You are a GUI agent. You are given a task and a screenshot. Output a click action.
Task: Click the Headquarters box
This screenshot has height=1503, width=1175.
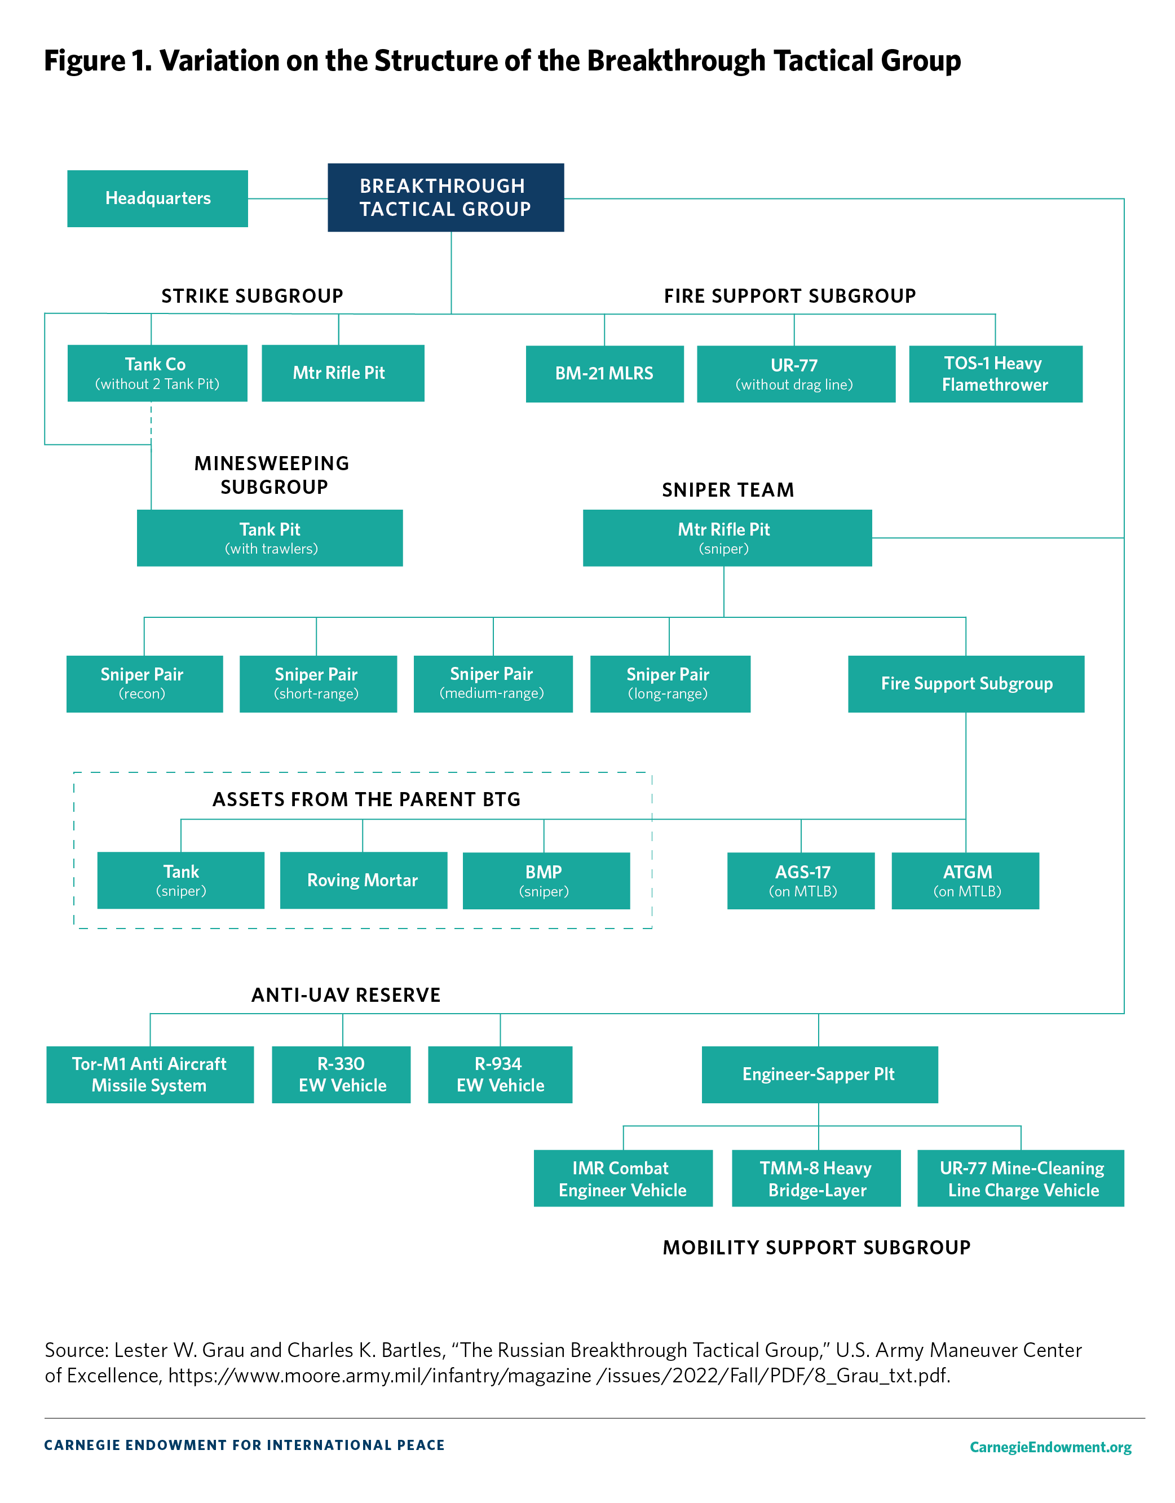tap(158, 198)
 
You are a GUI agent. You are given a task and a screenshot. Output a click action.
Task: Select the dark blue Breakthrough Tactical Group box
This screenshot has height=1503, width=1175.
tap(445, 197)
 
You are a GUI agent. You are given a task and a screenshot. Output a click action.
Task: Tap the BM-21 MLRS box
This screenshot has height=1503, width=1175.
tap(604, 374)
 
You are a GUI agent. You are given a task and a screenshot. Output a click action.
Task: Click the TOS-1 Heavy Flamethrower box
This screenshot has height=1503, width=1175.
tap(995, 374)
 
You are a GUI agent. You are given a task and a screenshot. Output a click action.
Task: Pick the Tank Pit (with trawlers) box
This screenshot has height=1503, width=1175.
tap(270, 538)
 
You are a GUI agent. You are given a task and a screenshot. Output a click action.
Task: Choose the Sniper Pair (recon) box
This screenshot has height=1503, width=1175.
tap(144, 683)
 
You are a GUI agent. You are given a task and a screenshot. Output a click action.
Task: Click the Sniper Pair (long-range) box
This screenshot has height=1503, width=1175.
tap(669, 683)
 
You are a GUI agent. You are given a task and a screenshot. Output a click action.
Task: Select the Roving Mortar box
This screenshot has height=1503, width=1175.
tap(363, 880)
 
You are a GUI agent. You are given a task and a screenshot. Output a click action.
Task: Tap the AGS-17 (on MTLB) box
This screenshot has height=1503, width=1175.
tap(801, 881)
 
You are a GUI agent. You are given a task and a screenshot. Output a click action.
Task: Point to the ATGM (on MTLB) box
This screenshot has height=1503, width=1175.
tap(965, 881)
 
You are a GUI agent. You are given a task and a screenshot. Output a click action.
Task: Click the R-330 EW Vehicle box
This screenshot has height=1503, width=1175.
tap(342, 1075)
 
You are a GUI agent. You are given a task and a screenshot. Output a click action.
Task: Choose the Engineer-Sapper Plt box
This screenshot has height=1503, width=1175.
tap(819, 1075)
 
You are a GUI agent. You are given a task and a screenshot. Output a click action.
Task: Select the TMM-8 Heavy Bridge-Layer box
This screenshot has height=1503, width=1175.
tap(816, 1178)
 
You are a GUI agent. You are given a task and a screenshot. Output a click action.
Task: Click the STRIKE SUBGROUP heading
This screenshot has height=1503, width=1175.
tap(252, 296)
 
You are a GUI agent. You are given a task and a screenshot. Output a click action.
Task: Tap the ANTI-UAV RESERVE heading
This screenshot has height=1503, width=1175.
tap(346, 995)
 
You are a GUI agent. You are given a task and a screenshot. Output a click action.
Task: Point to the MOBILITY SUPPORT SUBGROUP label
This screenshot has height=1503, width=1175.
tap(816, 1248)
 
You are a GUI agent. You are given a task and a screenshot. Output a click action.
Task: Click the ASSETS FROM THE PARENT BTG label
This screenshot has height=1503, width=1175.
tap(366, 799)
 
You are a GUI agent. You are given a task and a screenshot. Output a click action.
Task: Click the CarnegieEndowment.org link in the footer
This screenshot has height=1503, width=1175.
tap(1050, 1447)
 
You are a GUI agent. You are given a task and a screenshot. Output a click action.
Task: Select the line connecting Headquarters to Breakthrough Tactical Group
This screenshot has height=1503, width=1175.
tap(288, 199)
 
